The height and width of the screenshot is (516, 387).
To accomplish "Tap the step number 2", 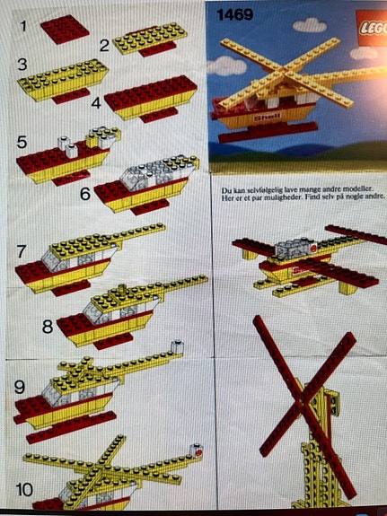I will tap(104, 45).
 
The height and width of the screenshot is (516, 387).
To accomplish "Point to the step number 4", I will tap(95, 102).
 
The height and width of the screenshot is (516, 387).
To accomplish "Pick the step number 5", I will tap(22, 141).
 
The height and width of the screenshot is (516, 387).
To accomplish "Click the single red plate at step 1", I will tap(65, 29).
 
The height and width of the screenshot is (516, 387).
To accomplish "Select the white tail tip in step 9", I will tap(180, 344).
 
